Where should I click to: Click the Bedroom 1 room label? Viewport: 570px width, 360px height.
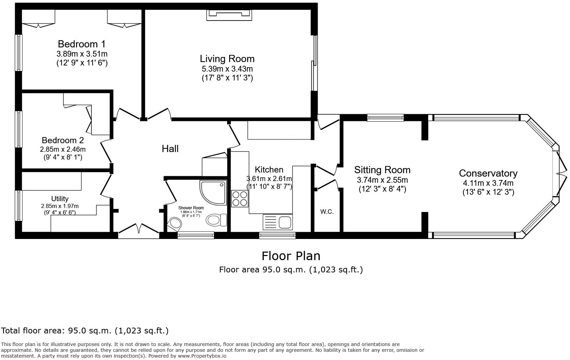point(81,44)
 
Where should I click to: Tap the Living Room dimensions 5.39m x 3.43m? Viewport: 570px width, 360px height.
point(227,69)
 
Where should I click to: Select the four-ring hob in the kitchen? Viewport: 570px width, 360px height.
point(240,198)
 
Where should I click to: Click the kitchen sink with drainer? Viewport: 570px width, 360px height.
point(277,222)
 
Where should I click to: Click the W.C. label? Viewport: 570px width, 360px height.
point(327,212)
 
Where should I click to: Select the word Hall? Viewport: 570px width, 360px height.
point(170,149)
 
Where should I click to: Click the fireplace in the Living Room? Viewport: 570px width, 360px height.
point(229,14)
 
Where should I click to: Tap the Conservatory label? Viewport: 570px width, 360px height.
point(488,173)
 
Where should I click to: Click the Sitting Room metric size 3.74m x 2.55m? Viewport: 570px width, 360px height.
point(382,180)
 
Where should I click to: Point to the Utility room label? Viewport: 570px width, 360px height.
point(60,199)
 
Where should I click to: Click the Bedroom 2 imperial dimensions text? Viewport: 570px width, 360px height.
point(63,157)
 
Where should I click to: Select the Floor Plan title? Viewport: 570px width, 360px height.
point(291,256)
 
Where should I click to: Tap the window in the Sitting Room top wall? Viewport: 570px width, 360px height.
point(385,118)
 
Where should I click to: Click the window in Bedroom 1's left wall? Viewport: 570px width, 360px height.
point(19,52)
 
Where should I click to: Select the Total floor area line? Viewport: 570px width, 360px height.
point(85,331)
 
